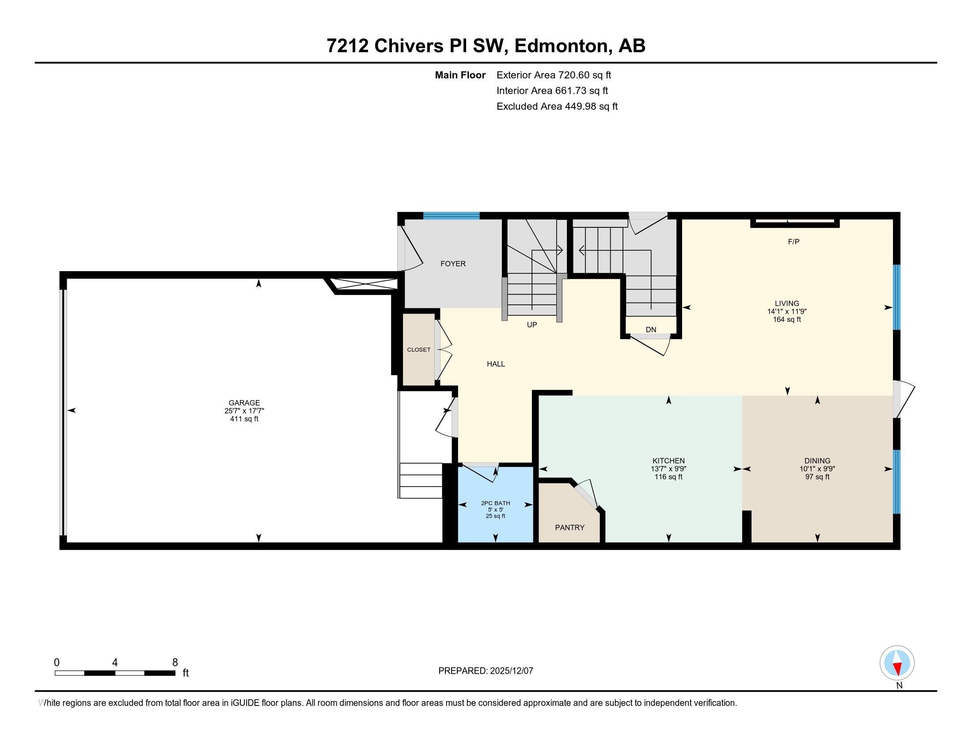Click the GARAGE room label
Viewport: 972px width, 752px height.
[244, 403]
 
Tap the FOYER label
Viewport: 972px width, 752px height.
[452, 264]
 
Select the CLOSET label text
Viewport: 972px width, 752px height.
[418, 350]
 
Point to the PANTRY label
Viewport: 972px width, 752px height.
[569, 527]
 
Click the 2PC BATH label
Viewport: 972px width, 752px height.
[495, 503]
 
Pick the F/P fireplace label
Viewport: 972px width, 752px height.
[794, 242]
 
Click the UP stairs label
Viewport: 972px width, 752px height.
[532, 325]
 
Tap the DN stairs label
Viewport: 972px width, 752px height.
[651, 330]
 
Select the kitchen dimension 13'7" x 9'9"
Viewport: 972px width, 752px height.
[668, 468]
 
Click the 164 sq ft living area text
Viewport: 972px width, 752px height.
[786, 319]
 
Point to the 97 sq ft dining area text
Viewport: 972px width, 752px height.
[817, 477]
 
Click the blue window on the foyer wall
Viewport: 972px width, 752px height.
[451, 216]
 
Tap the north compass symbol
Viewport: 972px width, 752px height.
[897, 663]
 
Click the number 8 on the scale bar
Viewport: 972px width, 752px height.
[175, 662]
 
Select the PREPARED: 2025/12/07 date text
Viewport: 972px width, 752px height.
[486, 671]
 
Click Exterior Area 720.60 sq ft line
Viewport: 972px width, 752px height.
[553, 75]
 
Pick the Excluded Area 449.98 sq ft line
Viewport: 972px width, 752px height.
[557, 107]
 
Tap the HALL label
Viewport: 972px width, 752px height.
[495, 364]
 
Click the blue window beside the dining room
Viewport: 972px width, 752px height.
[896, 482]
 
